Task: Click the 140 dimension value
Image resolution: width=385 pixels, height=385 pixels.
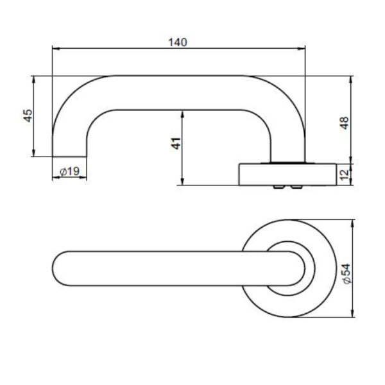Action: [177, 42]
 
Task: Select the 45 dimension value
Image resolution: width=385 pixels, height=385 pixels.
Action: [28, 116]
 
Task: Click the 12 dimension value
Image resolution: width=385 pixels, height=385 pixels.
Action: [345, 175]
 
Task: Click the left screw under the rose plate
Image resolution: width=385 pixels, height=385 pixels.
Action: [278, 187]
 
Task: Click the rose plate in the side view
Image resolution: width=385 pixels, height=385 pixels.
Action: [287, 174]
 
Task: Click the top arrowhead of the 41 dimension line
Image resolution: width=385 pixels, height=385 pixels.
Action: [183, 113]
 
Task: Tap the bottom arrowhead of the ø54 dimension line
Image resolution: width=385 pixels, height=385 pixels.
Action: [352, 315]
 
